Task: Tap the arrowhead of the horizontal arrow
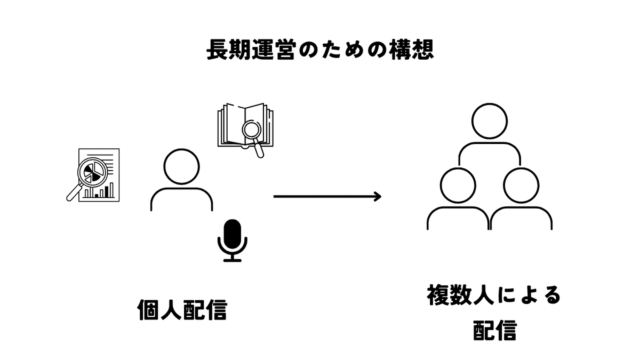click(378, 196)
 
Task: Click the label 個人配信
click(182, 309)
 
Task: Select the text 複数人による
click(494, 295)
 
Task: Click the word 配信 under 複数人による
click(494, 331)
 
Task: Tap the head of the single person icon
click(181, 166)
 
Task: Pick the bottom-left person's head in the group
click(458, 185)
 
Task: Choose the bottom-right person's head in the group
click(521, 185)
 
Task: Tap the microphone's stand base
click(232, 260)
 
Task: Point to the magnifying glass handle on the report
click(73, 193)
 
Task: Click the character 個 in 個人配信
click(148, 309)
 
